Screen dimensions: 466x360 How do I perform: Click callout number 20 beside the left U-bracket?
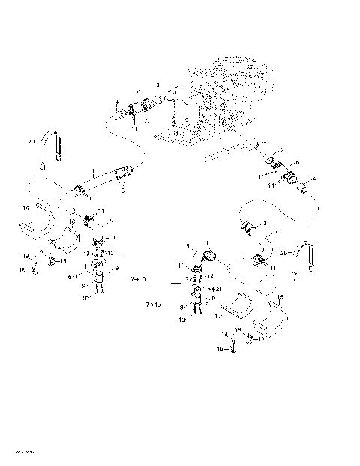(31, 140)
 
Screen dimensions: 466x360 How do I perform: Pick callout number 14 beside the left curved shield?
(25, 207)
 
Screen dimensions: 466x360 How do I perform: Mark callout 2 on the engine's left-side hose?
(157, 84)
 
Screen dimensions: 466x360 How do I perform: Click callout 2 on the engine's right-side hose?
(281, 151)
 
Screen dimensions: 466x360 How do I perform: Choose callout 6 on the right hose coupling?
(297, 162)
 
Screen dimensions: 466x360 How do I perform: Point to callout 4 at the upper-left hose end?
(116, 101)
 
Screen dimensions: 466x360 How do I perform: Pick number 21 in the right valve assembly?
(217, 289)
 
